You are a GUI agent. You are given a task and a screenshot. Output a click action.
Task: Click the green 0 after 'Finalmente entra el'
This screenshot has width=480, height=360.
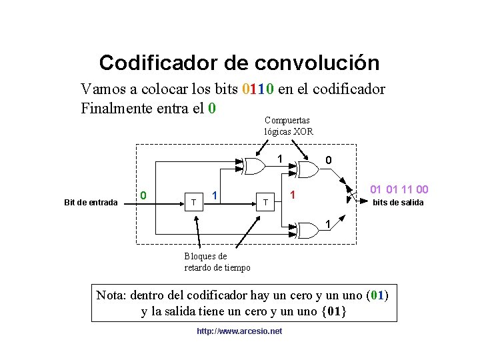point(211,107)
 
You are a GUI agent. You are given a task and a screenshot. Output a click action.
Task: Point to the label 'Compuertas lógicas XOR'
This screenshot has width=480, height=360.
point(288,126)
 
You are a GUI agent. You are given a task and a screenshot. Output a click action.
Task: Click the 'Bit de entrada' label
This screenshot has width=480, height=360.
point(91,202)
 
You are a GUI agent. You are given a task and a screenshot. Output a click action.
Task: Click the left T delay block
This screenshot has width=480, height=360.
point(193,201)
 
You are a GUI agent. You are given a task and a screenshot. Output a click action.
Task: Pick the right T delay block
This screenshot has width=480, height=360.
point(265,201)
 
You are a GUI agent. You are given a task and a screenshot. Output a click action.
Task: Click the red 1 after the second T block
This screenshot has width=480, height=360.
point(291,196)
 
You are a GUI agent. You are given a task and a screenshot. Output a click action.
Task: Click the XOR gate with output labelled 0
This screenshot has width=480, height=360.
point(307,171)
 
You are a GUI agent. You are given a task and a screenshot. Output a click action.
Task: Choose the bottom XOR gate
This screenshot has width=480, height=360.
point(307,230)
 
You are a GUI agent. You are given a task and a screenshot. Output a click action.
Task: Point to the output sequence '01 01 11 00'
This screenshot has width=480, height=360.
point(399,190)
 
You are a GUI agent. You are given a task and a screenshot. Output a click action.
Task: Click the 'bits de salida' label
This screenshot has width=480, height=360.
point(397,203)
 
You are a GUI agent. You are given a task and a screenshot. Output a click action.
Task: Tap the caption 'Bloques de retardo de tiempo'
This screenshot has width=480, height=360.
point(217,262)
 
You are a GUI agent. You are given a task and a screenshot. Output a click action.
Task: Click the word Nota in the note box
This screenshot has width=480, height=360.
point(111,295)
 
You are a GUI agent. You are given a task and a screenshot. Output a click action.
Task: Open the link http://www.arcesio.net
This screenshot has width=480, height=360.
point(239,331)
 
